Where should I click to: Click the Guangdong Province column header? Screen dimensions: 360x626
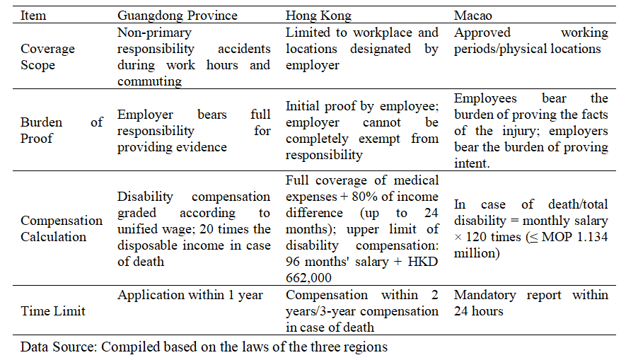tap(177, 16)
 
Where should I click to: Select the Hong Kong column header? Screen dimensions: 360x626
tap(318, 16)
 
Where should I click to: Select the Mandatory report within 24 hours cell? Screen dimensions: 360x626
tap(531, 303)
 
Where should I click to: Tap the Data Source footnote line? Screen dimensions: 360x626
tap(204, 347)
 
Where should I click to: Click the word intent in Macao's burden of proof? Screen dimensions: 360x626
tap(470, 164)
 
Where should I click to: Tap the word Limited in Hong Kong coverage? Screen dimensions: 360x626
tap(306, 33)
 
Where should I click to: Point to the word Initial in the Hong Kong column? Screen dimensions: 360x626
tap(302, 106)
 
